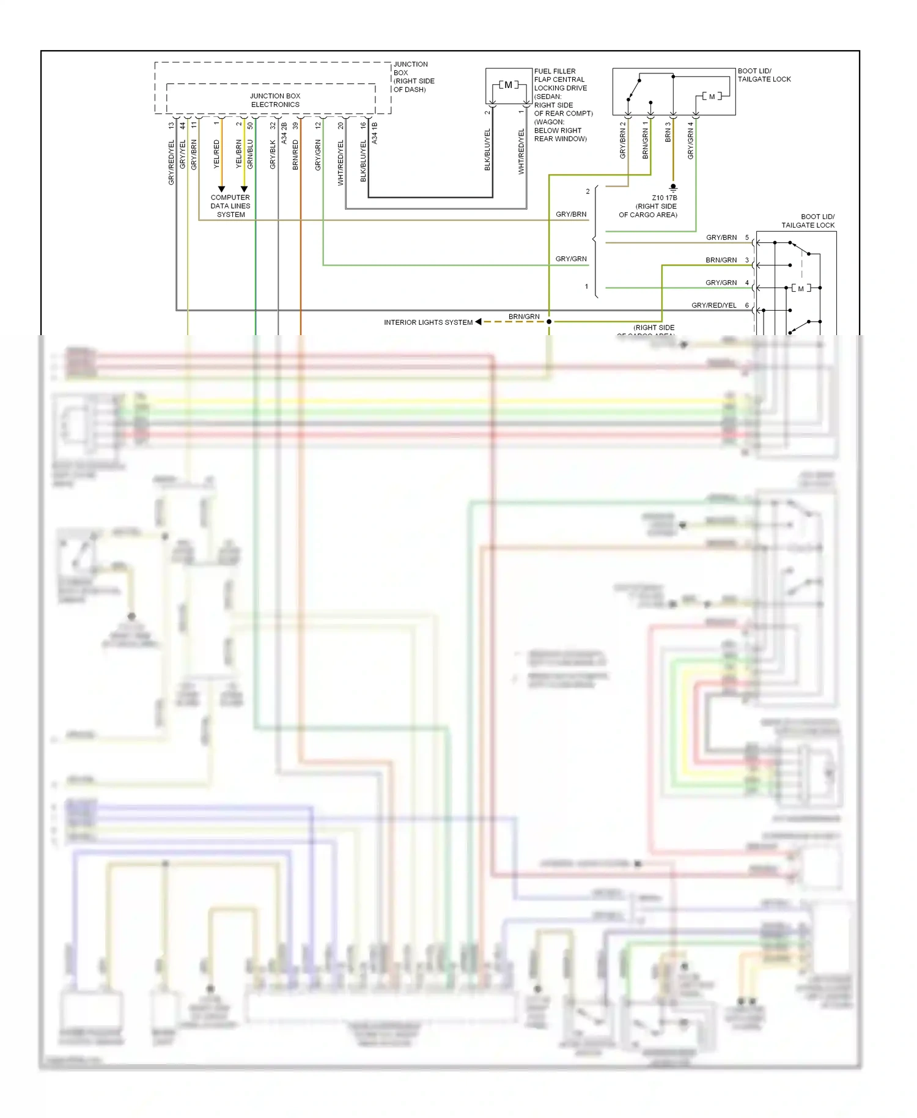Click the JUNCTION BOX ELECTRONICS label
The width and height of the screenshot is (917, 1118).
point(275,100)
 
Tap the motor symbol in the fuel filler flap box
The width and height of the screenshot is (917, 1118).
point(508,85)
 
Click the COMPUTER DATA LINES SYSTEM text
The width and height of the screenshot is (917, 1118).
point(230,206)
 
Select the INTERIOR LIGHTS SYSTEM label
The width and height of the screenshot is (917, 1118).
point(428,322)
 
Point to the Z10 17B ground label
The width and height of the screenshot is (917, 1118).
point(665,198)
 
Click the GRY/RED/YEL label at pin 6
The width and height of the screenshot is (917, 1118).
point(713,305)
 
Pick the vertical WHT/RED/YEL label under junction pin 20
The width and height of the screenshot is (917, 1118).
point(341,163)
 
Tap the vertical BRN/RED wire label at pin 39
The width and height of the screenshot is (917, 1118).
point(296,155)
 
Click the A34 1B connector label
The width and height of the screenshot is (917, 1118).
point(375,133)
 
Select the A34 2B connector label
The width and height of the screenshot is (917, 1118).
point(284,133)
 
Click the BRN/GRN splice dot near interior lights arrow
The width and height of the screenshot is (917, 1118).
point(549,322)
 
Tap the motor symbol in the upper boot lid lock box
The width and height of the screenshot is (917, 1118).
point(712,97)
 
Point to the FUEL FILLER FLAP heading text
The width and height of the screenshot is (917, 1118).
point(554,72)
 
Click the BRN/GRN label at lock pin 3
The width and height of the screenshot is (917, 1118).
point(721,260)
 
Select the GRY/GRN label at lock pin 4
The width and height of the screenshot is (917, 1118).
point(721,283)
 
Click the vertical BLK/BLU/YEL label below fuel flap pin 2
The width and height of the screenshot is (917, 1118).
point(488,150)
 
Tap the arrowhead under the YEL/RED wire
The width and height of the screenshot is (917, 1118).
point(221,189)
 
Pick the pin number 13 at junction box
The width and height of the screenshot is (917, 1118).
point(171,125)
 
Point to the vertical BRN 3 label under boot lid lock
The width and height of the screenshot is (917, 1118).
point(668,132)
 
